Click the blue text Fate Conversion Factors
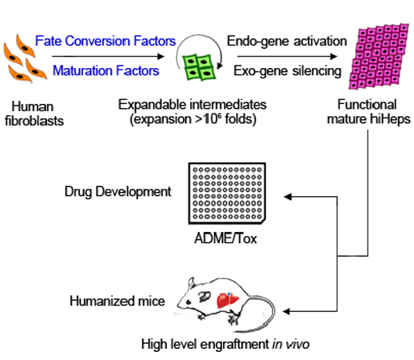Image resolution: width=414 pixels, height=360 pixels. [x=105, y=41]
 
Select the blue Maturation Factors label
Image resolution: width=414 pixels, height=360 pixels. [x=105, y=70]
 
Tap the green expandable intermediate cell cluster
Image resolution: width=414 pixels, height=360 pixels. [x=199, y=67]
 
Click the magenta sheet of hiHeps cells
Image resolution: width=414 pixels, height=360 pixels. [x=379, y=56]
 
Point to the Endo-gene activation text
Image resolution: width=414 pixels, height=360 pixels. [x=287, y=42]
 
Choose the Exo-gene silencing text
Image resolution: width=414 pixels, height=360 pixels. [x=288, y=71]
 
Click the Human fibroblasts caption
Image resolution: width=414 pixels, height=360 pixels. [x=34, y=114]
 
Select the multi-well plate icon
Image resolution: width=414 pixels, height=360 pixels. [x=227, y=194]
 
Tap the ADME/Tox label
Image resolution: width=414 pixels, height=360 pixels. [x=225, y=238]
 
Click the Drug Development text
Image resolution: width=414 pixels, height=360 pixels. [x=117, y=192]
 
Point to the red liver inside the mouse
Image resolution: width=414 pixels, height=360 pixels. [x=228, y=300]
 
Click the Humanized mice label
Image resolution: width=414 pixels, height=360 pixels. [x=117, y=301]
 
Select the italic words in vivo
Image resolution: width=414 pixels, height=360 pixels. [x=291, y=344]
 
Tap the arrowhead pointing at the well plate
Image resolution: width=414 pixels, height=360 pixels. [x=288, y=197]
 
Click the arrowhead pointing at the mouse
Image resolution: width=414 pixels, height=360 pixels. [x=286, y=311]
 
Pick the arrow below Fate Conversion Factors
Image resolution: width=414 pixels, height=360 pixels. [x=108, y=56]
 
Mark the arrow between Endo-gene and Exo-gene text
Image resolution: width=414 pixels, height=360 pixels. [x=287, y=56]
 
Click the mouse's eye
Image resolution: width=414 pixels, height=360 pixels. [x=189, y=302]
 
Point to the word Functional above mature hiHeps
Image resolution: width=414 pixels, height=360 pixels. [x=367, y=104]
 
